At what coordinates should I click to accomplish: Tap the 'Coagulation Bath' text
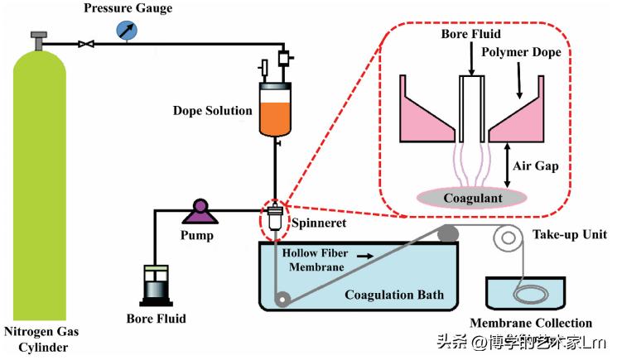click(393, 295)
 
